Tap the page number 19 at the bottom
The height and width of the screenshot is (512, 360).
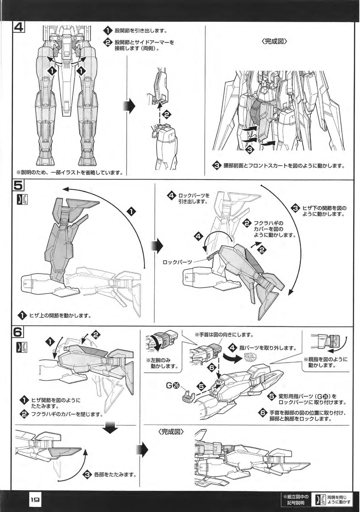click(35, 499)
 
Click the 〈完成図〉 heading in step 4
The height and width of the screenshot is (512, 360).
click(275, 42)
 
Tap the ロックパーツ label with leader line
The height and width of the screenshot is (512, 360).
click(177, 262)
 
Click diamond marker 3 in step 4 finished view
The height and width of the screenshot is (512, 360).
click(250, 149)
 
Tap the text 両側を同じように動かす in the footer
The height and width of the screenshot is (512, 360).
click(339, 499)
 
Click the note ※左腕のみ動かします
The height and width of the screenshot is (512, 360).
click(162, 363)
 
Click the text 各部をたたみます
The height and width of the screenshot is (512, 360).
click(115, 475)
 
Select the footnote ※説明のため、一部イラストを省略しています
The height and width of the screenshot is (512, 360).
click(68, 172)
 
